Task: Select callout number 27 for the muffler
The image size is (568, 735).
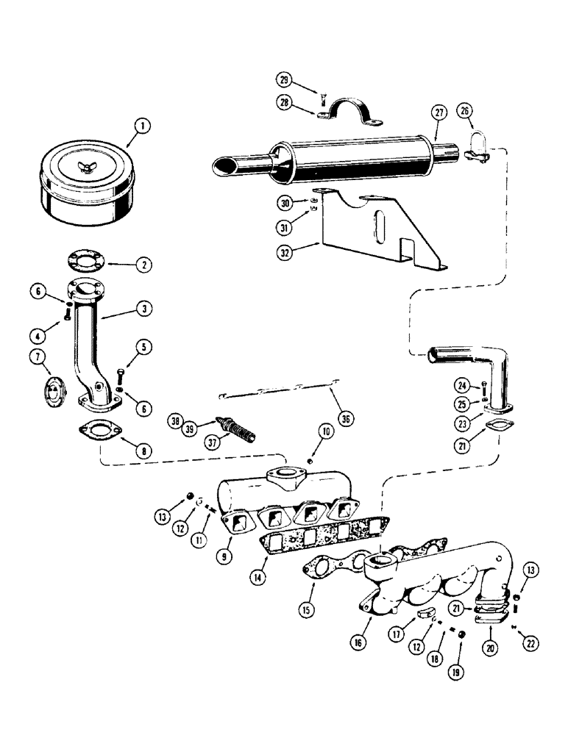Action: point(439,113)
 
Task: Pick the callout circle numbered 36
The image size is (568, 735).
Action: point(346,419)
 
